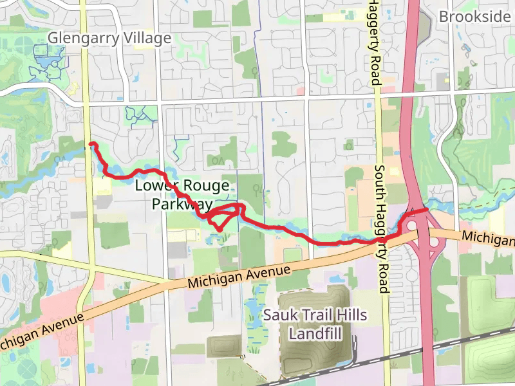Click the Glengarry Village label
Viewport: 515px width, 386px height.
click(x=110, y=39)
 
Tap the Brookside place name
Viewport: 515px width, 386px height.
click(x=474, y=17)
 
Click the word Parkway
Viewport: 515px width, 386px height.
click(x=182, y=205)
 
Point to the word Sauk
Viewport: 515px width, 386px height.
click(x=277, y=315)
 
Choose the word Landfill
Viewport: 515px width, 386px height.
click(x=315, y=335)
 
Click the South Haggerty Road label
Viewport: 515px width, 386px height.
click(x=382, y=229)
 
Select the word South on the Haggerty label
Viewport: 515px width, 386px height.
click(x=380, y=181)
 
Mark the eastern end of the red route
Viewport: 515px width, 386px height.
click(x=427, y=210)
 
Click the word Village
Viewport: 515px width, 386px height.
click(x=147, y=39)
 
